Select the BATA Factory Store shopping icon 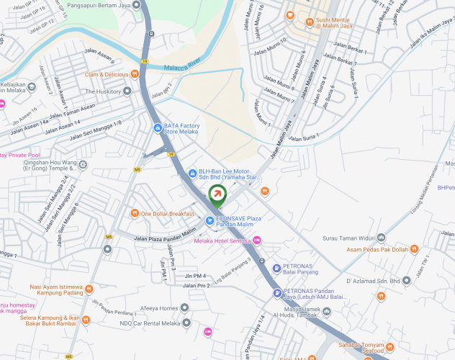coord(158,128)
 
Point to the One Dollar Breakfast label coord(168,214)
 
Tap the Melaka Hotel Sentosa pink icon coord(257,240)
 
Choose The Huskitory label coord(103,91)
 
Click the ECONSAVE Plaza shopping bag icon coord(209,221)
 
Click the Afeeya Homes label coord(158,308)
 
